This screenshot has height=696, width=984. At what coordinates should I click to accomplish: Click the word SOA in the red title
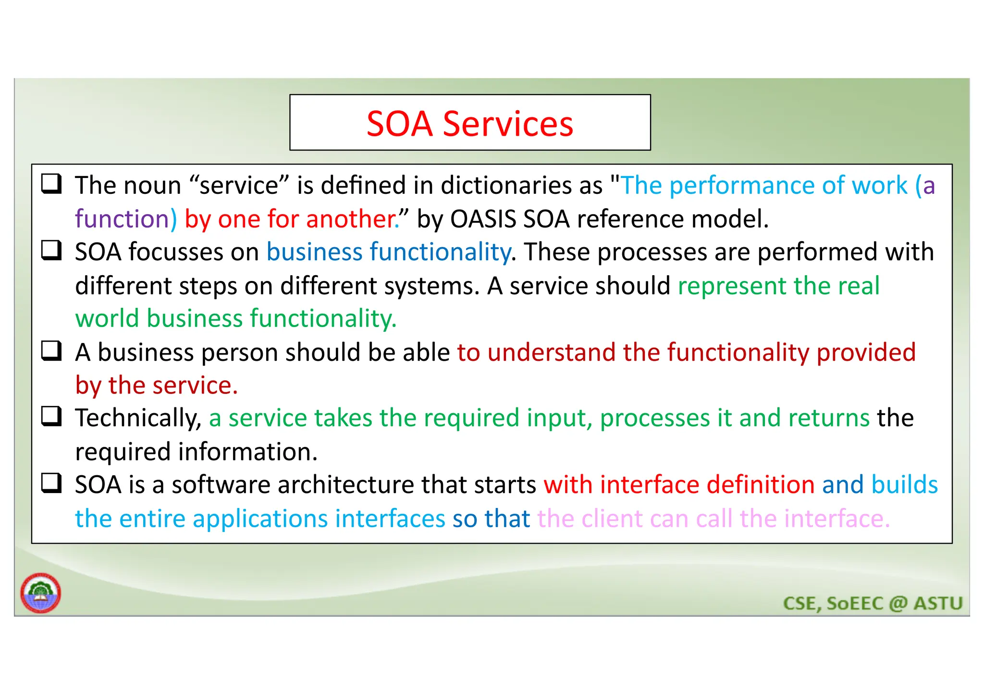click(400, 124)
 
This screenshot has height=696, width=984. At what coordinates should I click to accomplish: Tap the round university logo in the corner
click(41, 593)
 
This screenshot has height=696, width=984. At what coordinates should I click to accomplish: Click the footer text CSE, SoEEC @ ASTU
click(873, 603)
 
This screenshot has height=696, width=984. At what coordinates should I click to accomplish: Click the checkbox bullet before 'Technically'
click(51, 417)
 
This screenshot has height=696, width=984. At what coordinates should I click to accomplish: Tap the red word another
click(350, 219)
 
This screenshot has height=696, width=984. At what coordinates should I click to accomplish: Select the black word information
click(247, 452)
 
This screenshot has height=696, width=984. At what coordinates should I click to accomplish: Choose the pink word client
click(612, 519)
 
